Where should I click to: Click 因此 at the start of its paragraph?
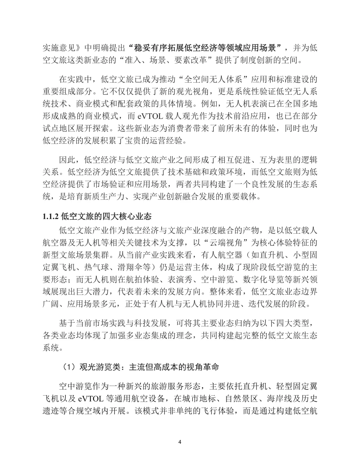click(x=67, y=160)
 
